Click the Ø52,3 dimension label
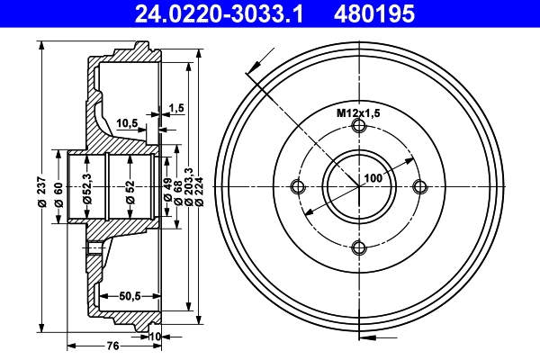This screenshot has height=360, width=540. pyautogui.click(x=86, y=190)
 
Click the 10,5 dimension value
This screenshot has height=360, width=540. pyautogui.click(x=127, y=123)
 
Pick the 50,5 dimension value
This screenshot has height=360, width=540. pyautogui.click(x=131, y=294)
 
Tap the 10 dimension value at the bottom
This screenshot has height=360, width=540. pyautogui.click(x=155, y=336)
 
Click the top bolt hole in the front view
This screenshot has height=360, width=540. pyautogui.click(x=359, y=127)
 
